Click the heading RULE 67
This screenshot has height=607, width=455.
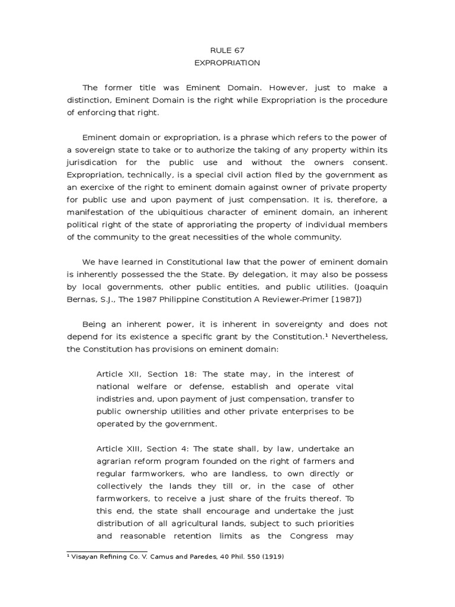(x=227, y=51)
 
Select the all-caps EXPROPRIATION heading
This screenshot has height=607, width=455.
(x=227, y=63)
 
